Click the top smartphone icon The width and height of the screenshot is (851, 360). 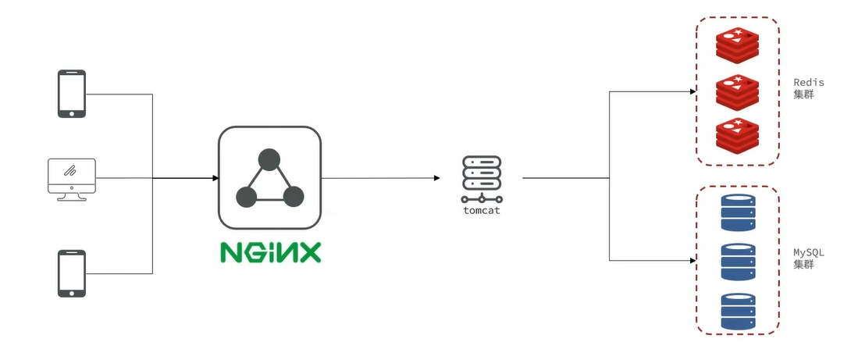coord(71,94)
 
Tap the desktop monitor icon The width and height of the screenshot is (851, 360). coord(71,179)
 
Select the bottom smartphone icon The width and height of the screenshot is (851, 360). coord(71,273)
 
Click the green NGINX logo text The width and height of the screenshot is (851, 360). coord(269,253)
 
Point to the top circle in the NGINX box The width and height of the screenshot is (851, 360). coord(269,160)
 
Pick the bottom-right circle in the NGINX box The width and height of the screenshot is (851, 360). coord(293,197)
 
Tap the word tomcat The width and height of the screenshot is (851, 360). coord(481,211)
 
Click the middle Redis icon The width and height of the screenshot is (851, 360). coord(737,91)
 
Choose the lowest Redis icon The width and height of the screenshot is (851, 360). coord(737,134)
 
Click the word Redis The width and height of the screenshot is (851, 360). coord(808,83)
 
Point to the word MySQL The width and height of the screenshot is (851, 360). coord(808,253)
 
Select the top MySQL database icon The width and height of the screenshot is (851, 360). coord(738,212)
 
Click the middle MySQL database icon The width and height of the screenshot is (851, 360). coord(738,262)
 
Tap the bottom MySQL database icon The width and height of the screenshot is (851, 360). coord(738,311)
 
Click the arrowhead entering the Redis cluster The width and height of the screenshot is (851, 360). coord(692,91)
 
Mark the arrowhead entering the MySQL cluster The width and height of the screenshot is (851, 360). coord(692,261)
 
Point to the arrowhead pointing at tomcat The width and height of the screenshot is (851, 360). coord(436,178)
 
